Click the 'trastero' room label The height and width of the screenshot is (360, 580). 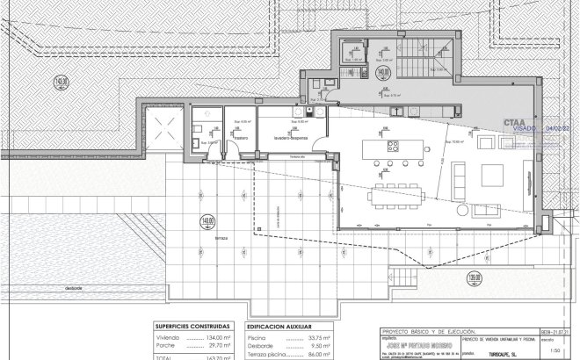240,138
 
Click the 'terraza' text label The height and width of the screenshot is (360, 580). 221,238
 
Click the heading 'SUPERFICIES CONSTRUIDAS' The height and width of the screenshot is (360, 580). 192,325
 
